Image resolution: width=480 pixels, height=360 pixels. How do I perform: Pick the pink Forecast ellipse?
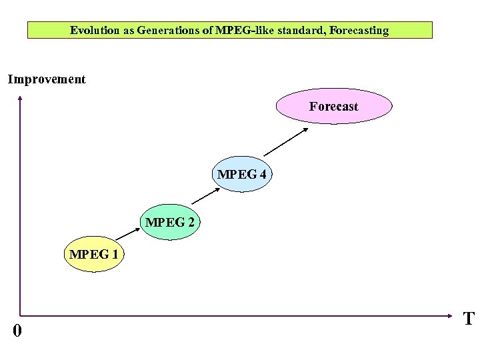[x=334, y=107]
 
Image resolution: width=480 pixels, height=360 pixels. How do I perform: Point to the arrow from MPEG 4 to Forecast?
[x=287, y=142]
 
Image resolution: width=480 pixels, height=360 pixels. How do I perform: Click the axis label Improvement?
[x=47, y=79]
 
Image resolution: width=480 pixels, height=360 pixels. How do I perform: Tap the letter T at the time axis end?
[x=469, y=319]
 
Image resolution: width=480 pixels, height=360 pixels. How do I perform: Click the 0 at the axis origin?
[x=17, y=330]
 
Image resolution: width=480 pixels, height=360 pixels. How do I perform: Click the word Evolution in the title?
[x=94, y=30]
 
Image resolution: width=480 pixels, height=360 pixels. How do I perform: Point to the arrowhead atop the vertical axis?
[x=20, y=99]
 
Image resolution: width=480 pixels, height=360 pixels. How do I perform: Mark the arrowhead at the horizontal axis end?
[x=456, y=315]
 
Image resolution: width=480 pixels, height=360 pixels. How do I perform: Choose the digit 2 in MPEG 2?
[x=191, y=222]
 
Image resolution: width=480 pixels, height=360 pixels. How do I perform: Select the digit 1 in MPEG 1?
[x=115, y=254]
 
